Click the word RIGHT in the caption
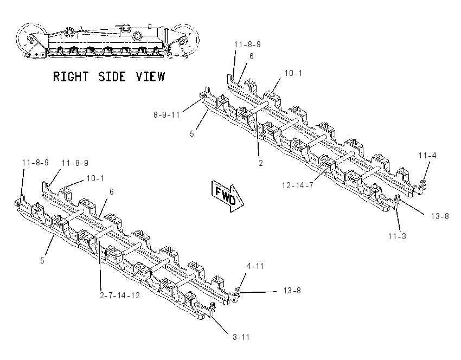point(71,76)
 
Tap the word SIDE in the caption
point(112,76)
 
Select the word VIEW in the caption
point(150,76)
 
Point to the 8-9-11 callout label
point(167,114)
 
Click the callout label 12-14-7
point(298,185)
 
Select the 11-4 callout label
point(427,156)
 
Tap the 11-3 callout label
point(397,236)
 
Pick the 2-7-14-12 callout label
point(120,295)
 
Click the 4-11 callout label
point(255,266)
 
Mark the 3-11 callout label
point(241,337)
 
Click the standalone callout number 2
point(261,163)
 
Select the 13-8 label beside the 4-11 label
point(292,291)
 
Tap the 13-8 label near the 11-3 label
point(440,216)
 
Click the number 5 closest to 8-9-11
point(192,134)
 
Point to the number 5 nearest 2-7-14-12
point(42,260)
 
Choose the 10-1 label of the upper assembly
point(293,73)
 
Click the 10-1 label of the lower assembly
point(95,178)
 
